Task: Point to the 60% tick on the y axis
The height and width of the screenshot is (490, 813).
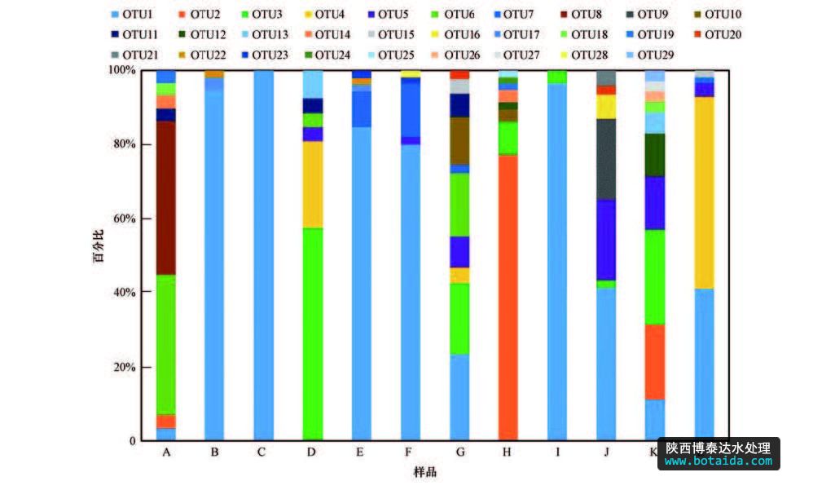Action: (x=125, y=219)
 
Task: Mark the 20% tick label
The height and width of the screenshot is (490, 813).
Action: (x=125, y=367)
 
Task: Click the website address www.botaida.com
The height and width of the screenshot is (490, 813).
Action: (x=718, y=461)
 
